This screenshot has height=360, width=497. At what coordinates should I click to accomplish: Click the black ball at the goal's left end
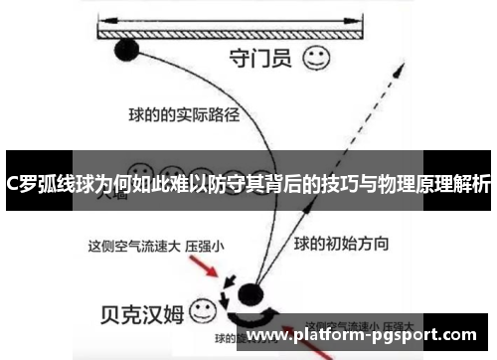[x=127, y=47]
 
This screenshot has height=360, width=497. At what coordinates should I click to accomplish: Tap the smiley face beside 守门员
[x=317, y=57]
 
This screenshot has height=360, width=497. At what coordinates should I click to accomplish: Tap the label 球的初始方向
[x=341, y=242]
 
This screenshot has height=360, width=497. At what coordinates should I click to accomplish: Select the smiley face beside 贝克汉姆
[x=203, y=309]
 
